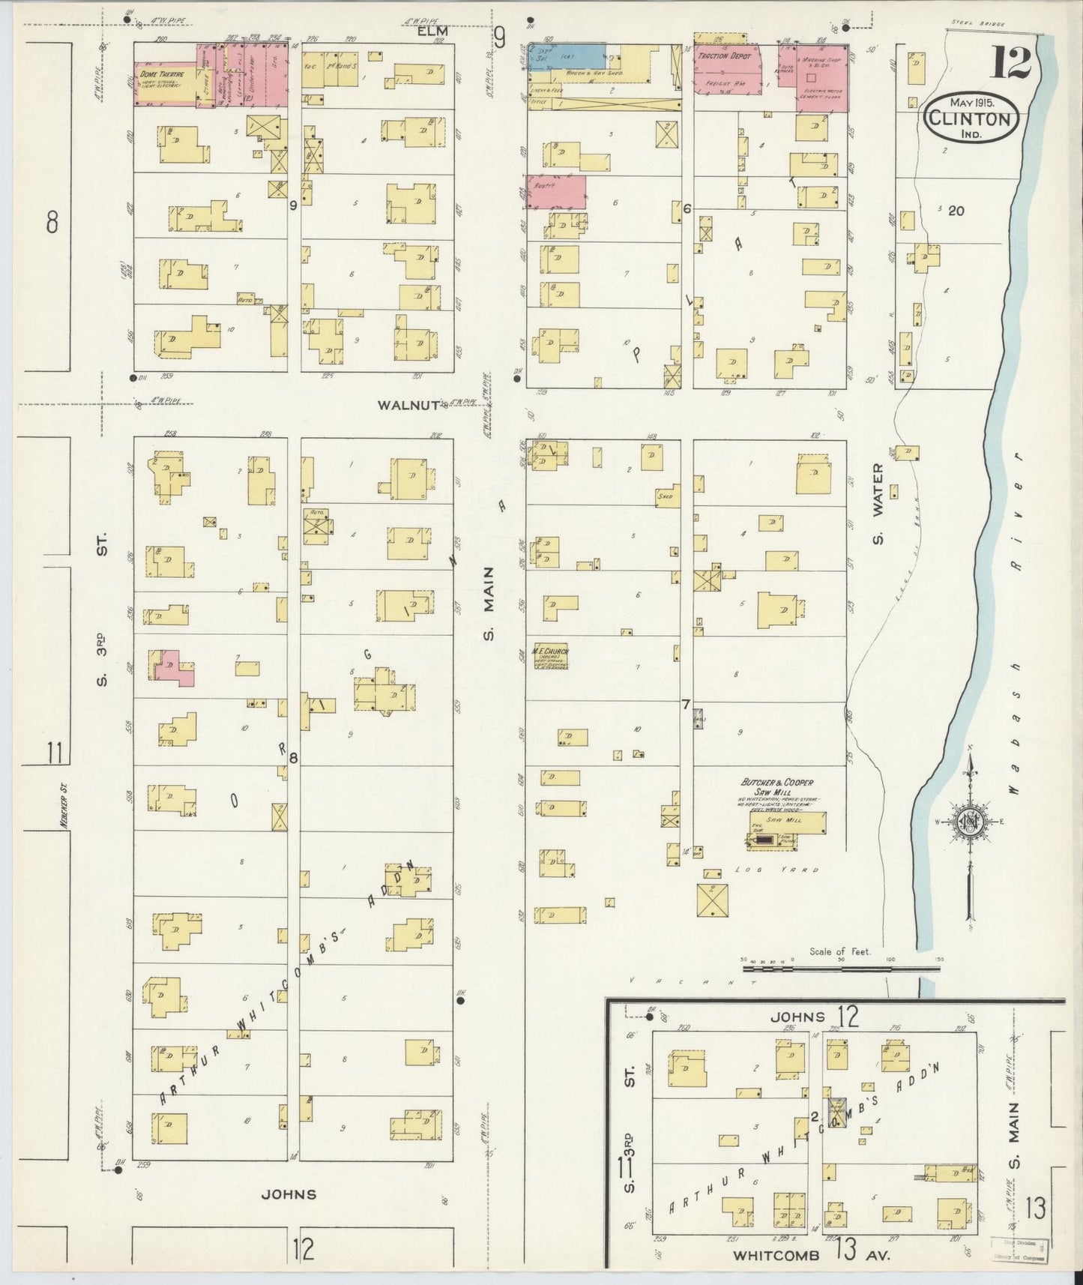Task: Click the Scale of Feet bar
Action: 839,968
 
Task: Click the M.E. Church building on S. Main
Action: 551,657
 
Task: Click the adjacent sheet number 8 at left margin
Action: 52,222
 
